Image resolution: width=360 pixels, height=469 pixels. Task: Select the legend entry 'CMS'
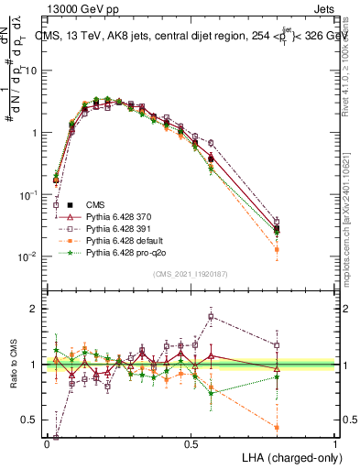pyautogui.click(x=96, y=204)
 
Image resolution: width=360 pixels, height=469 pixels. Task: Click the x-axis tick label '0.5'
pyautogui.click(x=191, y=442)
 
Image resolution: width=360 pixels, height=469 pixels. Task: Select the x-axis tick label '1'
pyautogui.click(x=335, y=442)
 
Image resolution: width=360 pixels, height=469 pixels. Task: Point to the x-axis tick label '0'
pyautogui.click(x=48, y=442)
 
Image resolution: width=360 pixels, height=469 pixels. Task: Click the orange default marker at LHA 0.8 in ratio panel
pyautogui.click(x=278, y=427)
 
